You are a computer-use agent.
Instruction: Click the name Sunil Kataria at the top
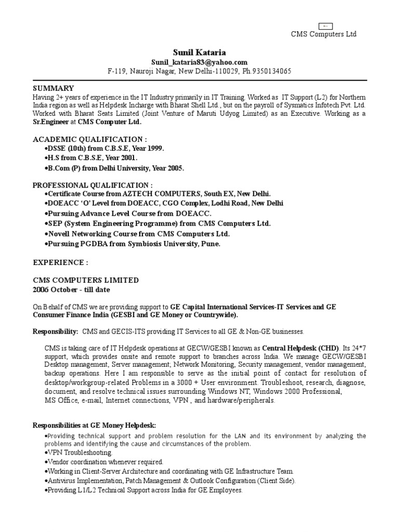tap(199, 52)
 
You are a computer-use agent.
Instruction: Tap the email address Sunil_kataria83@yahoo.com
tap(199, 62)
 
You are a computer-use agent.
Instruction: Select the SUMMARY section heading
tap(54, 88)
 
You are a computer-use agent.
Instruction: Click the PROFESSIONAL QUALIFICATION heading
tap(92, 185)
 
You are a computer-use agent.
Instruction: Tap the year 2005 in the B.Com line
tap(175, 168)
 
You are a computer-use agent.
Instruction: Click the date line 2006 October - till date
tap(71, 289)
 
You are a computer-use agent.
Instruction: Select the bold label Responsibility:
tap(56, 331)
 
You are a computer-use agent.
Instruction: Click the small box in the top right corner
tap(325, 25)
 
